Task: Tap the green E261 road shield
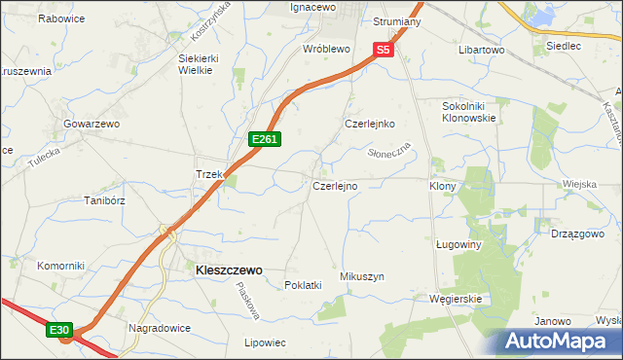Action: click(x=265, y=140)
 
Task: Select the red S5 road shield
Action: click(x=383, y=49)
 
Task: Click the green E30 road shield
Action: click(x=60, y=331)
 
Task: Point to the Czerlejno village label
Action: click(x=335, y=185)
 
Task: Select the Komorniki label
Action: click(x=61, y=266)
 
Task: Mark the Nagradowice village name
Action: click(x=158, y=328)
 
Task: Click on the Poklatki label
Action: click(x=303, y=285)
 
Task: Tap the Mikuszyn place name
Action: click(x=362, y=277)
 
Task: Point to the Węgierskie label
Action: click(x=456, y=299)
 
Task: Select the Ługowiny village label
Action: click(x=458, y=245)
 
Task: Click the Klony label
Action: click(x=444, y=185)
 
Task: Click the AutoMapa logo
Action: click(x=559, y=341)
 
